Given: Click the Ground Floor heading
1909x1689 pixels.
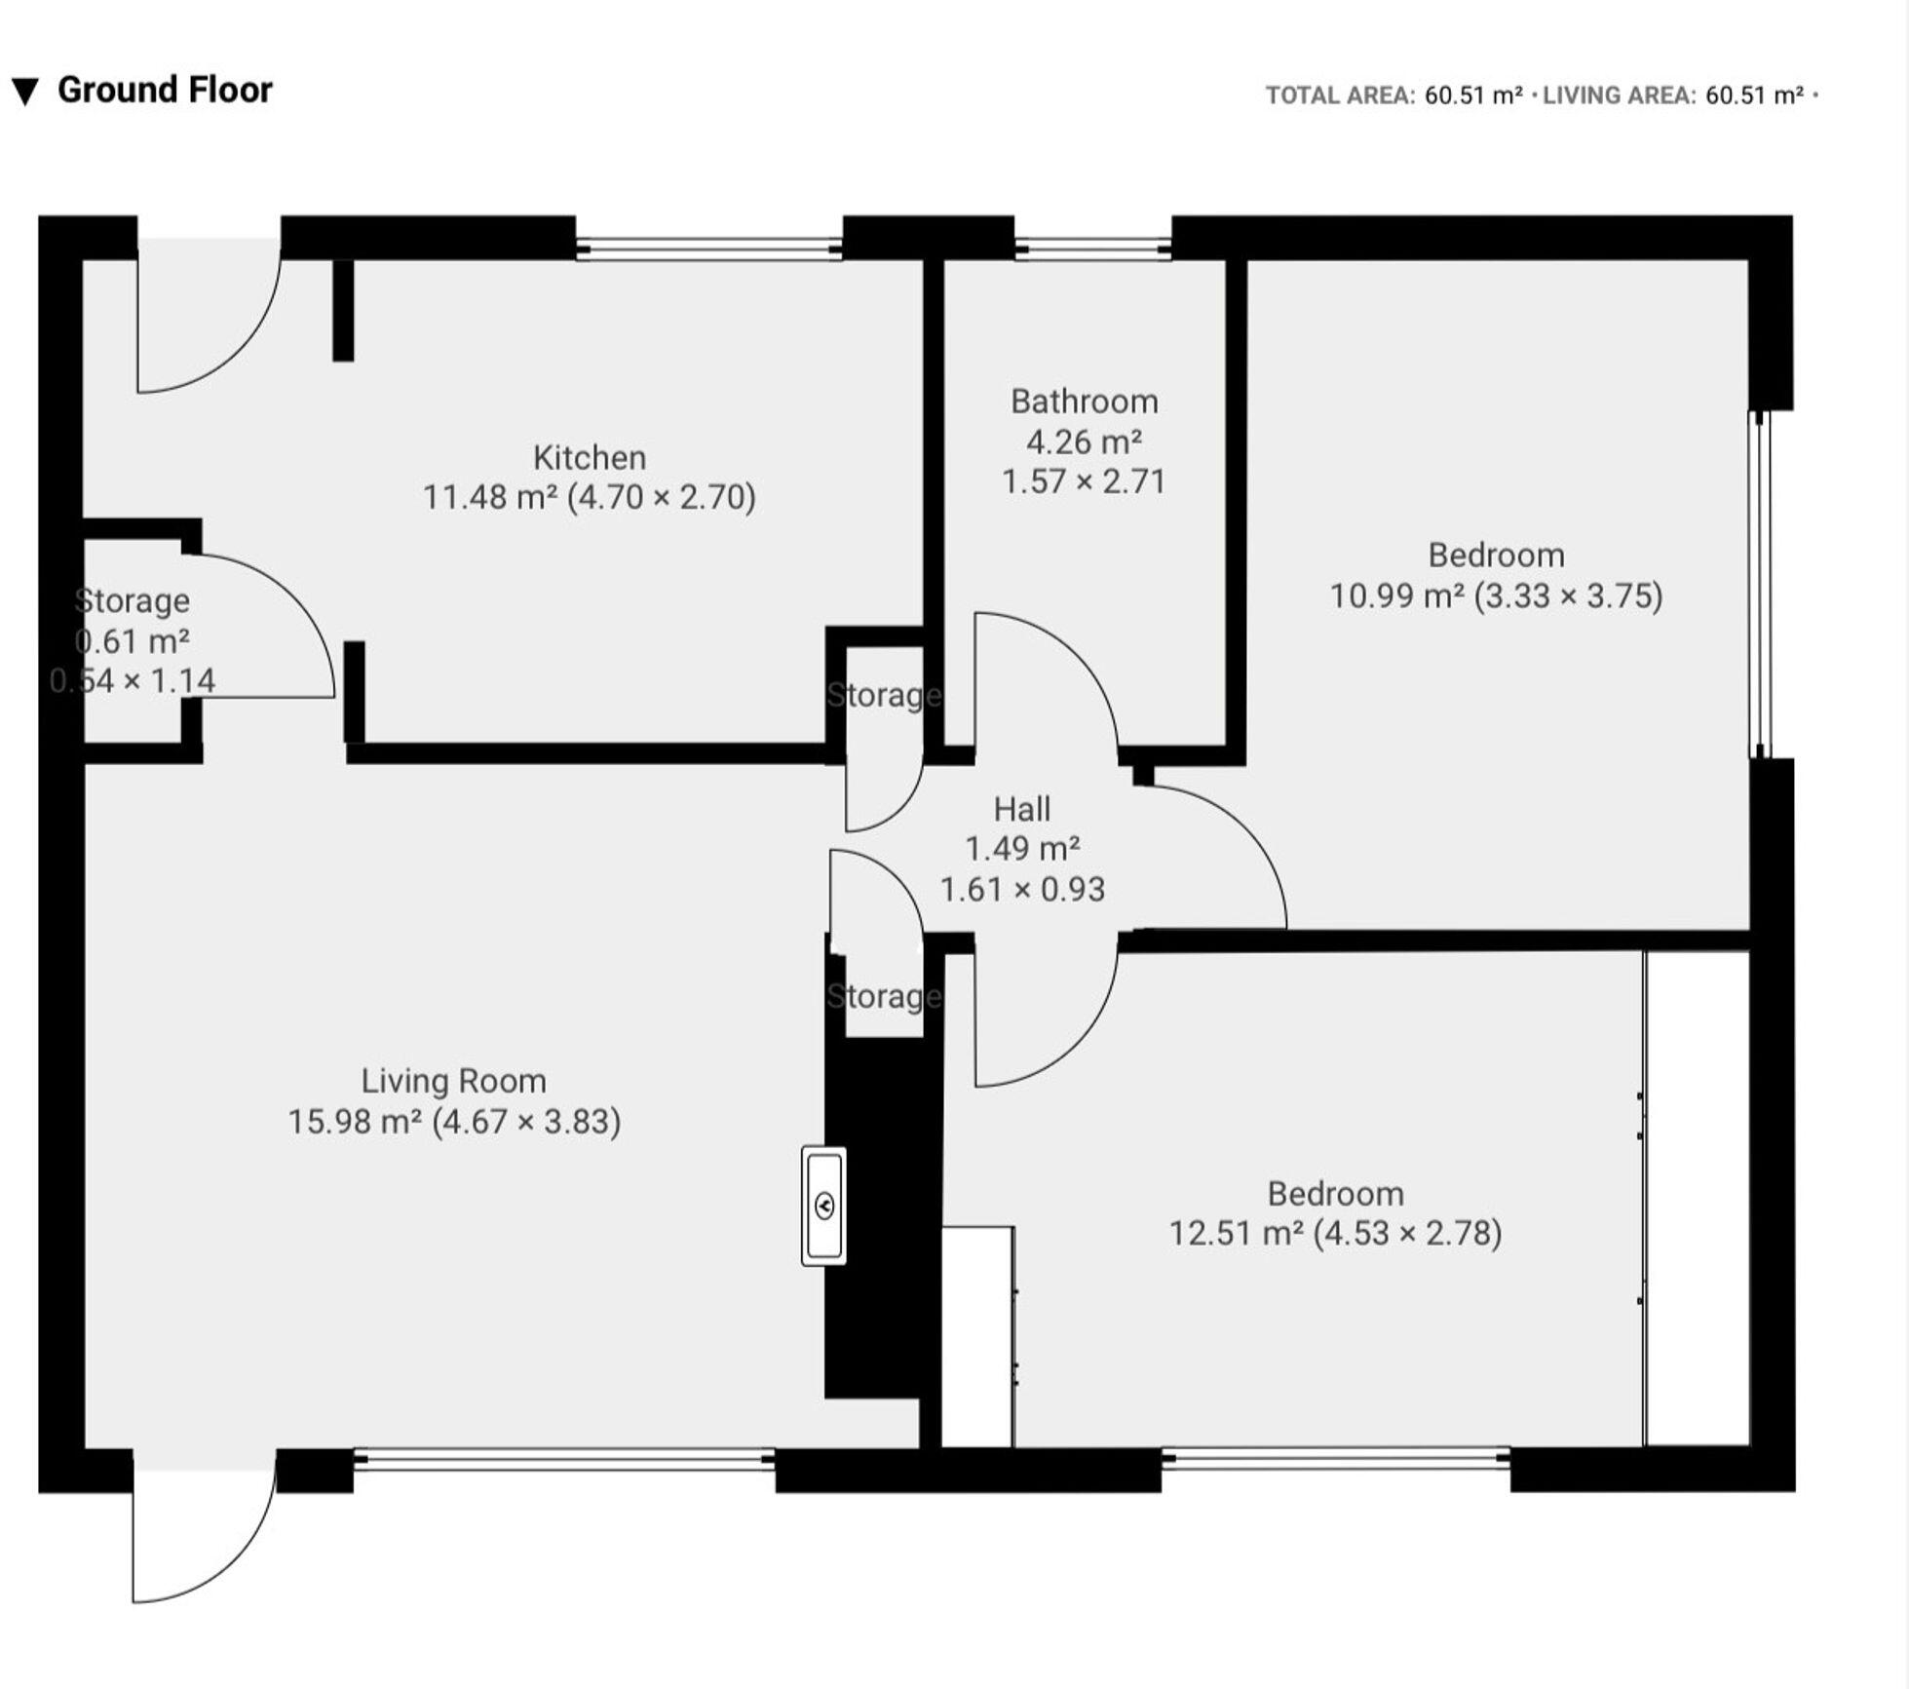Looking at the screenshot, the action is click(165, 90).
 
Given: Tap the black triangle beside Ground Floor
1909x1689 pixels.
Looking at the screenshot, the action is click(25, 93).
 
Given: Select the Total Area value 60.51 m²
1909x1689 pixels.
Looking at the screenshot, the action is click(1473, 96).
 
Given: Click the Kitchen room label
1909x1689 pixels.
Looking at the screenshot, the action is click(590, 457).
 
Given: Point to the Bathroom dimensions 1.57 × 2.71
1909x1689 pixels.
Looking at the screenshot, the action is click(1085, 481).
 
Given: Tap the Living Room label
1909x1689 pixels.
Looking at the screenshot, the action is click(454, 1081).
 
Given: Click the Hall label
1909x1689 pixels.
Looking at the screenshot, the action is click(1022, 809).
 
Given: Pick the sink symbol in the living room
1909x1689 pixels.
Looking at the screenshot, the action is click(824, 1207).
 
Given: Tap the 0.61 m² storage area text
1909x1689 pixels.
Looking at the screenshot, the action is click(133, 641).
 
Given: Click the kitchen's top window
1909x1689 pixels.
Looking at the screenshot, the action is click(708, 248).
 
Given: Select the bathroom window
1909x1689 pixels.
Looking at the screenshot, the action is click(1092, 248).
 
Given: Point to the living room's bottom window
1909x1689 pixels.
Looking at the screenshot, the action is click(564, 1458).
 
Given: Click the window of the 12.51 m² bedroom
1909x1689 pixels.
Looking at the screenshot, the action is click(1336, 1458).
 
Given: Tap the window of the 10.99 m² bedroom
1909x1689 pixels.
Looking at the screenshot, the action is click(1759, 585).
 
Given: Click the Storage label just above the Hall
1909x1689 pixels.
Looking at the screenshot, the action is click(885, 695).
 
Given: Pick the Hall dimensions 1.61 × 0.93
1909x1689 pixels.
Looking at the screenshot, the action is click(1022, 890).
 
